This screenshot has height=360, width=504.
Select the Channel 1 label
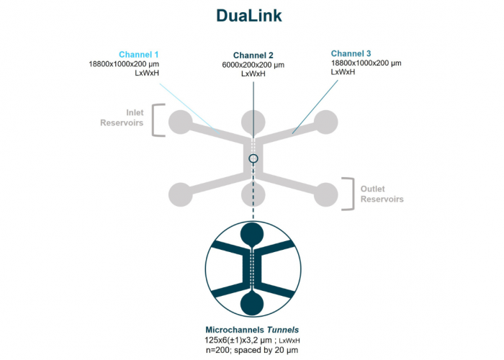(x=138, y=54)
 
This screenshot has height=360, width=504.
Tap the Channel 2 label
(x=253, y=55)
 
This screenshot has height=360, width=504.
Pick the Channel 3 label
(x=351, y=54)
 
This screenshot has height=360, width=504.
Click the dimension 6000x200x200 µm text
(x=253, y=65)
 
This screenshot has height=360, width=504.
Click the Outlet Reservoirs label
(x=382, y=194)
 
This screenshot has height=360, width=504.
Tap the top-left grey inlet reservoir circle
(x=180, y=122)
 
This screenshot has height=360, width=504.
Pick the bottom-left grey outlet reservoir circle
(x=180, y=193)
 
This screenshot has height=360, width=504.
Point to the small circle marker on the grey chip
(x=253, y=158)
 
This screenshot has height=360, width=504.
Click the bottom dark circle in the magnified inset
(x=253, y=301)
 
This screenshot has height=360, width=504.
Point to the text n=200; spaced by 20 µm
(x=252, y=348)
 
